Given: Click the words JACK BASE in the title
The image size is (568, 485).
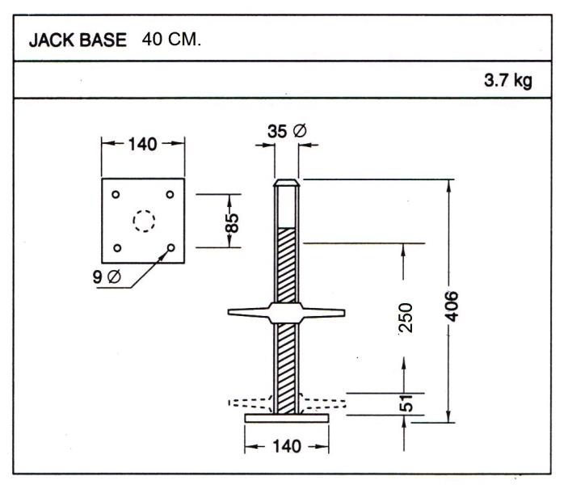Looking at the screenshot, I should (81, 42).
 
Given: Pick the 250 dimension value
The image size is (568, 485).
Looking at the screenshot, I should (406, 317).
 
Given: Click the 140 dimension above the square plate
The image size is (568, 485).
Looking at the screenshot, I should (142, 145).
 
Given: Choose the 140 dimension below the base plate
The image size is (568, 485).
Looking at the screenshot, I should (288, 445).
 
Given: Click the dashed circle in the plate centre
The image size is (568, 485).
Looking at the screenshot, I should (143, 220).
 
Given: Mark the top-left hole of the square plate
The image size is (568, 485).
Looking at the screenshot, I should (116, 194).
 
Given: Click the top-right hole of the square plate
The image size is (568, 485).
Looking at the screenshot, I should (170, 194).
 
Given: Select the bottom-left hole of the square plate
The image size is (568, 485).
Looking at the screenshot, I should (116, 247).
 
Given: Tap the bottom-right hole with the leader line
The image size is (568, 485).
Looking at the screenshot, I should (170, 247).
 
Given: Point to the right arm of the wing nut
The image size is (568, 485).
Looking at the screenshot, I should (327, 311).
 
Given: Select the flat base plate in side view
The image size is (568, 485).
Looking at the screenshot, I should (288, 417).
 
